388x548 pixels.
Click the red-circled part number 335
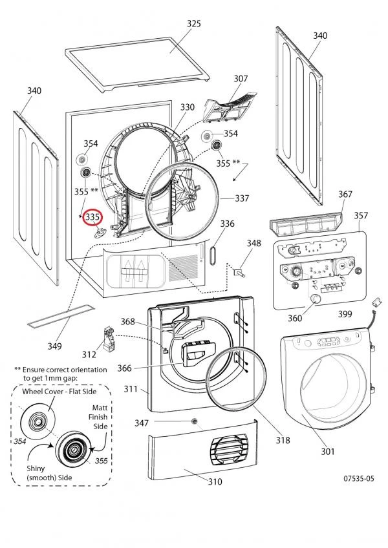click(x=92, y=217)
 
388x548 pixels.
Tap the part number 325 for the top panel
click(x=194, y=23)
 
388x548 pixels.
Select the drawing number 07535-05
click(x=359, y=478)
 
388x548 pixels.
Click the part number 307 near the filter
click(x=241, y=79)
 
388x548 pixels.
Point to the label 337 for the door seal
click(x=242, y=198)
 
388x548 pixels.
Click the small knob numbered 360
click(x=316, y=299)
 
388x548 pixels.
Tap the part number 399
click(x=345, y=315)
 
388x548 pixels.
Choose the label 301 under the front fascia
click(x=328, y=452)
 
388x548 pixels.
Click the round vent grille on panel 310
click(x=229, y=450)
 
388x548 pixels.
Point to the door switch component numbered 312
click(x=109, y=339)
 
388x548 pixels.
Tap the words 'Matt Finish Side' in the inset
click(x=98, y=417)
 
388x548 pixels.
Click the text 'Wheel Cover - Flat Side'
click(x=59, y=392)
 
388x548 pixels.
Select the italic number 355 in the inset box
click(x=101, y=461)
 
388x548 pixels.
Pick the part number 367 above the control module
click(x=345, y=195)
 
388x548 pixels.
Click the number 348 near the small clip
click(x=254, y=243)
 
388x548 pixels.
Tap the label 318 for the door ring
click(x=283, y=440)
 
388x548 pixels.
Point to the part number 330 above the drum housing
click(x=187, y=107)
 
